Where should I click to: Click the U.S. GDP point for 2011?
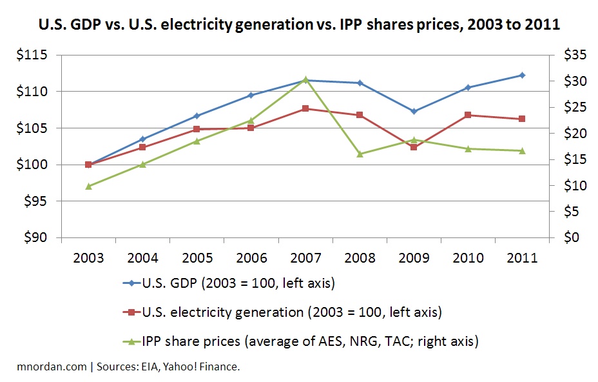tap(522, 75)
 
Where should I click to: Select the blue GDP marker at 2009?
tap(414, 111)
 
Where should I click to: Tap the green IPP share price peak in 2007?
tap(305, 79)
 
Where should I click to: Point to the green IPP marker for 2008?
tap(360, 154)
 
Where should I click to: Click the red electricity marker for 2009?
tap(414, 147)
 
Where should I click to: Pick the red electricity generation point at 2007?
tap(305, 108)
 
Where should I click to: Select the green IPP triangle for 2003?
tap(88, 186)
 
